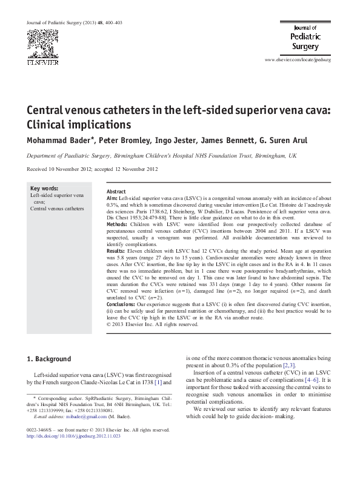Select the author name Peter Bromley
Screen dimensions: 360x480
pos(121,141)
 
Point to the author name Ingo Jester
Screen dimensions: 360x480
pos(174,141)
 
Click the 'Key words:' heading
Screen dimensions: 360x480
pos(44,188)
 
